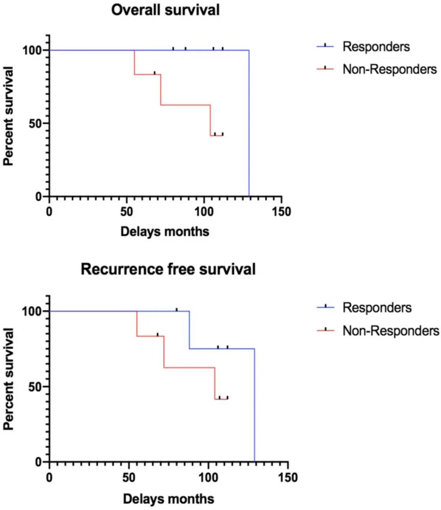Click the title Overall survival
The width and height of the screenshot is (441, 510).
coord(165,10)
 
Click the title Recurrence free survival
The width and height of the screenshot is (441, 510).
coord(168,269)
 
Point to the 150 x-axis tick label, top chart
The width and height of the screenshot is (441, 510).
coord(281,212)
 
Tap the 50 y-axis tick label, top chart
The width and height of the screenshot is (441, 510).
coord(36,124)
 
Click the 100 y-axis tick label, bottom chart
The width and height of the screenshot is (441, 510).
coord(32,311)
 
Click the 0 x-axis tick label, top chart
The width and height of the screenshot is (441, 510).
coord(49,212)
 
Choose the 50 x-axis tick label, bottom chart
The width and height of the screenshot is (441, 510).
coord(129,477)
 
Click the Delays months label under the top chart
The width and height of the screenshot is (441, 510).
coord(165,231)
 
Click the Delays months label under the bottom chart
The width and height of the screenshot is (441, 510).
coord(168,499)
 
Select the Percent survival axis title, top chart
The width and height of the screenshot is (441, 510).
coord(9,116)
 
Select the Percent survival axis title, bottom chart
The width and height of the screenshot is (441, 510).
coord(9,379)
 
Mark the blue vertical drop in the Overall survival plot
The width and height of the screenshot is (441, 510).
coord(249,123)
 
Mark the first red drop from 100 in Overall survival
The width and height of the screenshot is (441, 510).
coord(134,62)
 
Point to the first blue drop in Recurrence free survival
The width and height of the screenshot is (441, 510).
coord(189,330)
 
